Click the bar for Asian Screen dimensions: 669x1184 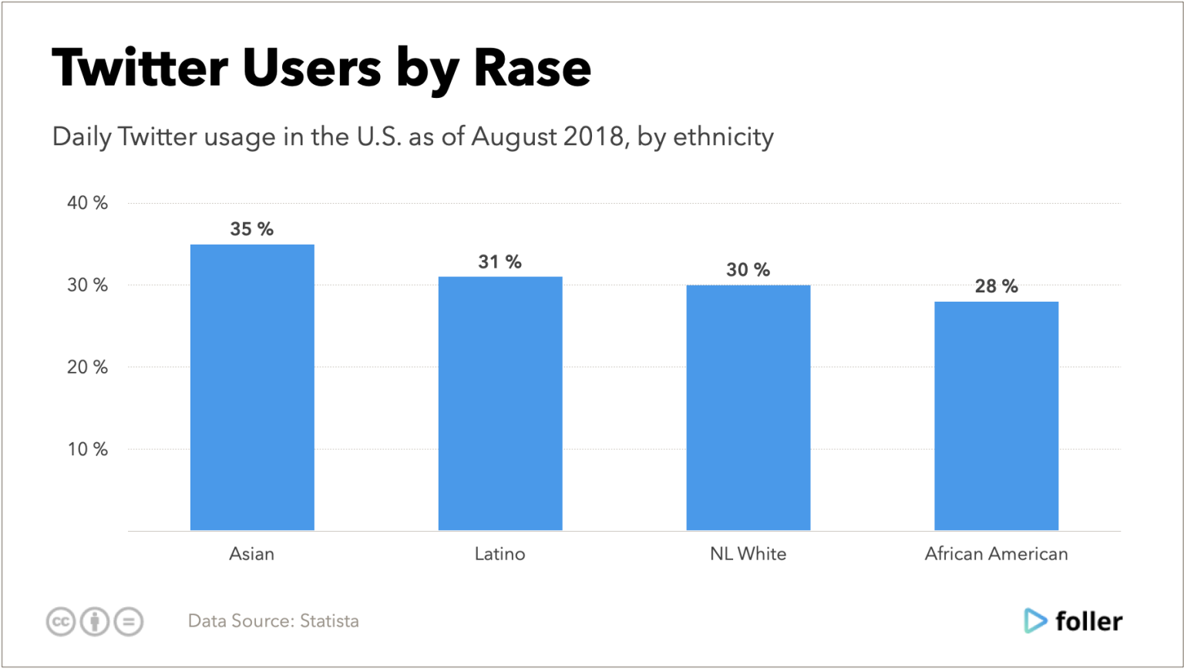252,387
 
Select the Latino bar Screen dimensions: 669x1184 500,404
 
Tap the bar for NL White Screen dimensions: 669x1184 748,407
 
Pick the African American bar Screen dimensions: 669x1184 996,416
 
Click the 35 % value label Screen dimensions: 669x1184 252,230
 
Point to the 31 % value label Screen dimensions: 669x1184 499,262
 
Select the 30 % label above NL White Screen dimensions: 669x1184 748,270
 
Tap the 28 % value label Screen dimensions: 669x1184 996,287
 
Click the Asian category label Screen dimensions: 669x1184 252,554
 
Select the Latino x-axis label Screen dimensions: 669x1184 500,554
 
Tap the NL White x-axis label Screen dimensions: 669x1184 748,554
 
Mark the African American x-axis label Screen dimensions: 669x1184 996,554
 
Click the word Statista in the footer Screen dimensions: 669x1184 329,621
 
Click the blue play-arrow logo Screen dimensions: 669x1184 1035,621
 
